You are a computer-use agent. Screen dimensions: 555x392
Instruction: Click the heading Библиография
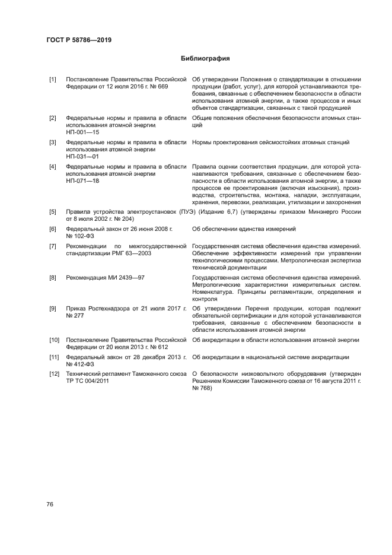[205, 59]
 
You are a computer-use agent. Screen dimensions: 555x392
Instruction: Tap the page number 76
[50, 504]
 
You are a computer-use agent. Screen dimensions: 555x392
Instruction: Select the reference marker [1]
[52, 80]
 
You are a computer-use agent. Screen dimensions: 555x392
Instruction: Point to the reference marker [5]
[52, 211]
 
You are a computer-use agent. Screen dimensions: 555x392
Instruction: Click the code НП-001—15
[82, 132]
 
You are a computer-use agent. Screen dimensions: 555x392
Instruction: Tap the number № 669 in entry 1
[159, 87]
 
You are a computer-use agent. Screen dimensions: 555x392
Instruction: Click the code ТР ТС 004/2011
[88, 381]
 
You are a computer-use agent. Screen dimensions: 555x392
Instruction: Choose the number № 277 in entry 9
[75, 315]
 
